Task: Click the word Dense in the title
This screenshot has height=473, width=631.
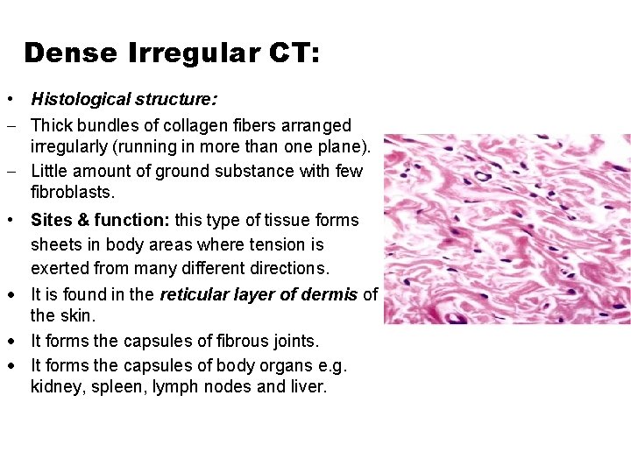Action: coord(70,53)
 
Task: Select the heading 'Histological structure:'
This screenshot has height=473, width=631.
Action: coord(124,100)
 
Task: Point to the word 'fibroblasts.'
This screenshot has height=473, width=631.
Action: coord(73,192)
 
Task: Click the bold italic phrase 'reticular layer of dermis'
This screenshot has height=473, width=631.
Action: coord(259,294)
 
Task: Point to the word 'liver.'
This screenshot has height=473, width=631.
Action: coord(307,386)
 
